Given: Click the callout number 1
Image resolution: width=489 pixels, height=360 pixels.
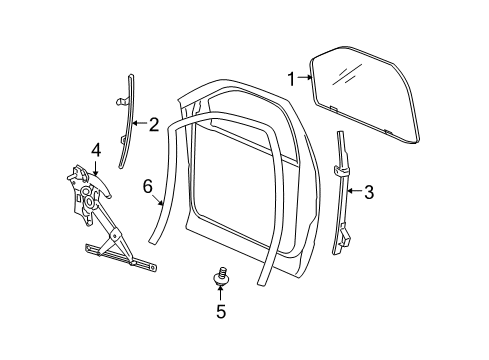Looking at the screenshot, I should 291,79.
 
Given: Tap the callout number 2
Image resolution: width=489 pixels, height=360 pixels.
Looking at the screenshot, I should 153,125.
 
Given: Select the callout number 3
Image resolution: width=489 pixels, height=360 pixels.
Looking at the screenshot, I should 368,192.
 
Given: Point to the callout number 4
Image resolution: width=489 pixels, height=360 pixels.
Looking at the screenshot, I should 96,150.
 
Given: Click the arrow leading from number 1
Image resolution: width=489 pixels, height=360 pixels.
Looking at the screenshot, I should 304,79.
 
